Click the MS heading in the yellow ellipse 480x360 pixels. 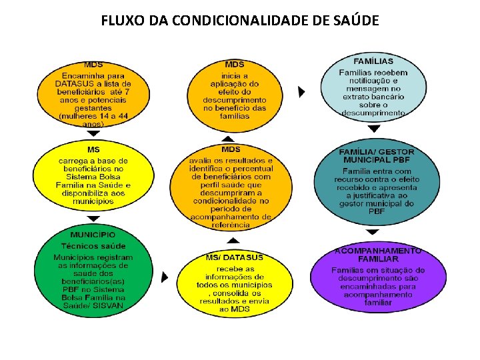93,149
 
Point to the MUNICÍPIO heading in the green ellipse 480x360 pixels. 93,235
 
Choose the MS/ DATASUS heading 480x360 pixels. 234,257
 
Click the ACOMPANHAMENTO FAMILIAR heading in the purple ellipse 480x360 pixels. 377,254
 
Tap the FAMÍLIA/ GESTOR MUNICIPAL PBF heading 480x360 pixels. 377,156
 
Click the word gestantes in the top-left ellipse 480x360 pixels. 93,107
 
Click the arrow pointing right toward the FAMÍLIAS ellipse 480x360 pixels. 301,91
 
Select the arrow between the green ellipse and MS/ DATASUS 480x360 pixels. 163,276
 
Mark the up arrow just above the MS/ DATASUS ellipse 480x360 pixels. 233,240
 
